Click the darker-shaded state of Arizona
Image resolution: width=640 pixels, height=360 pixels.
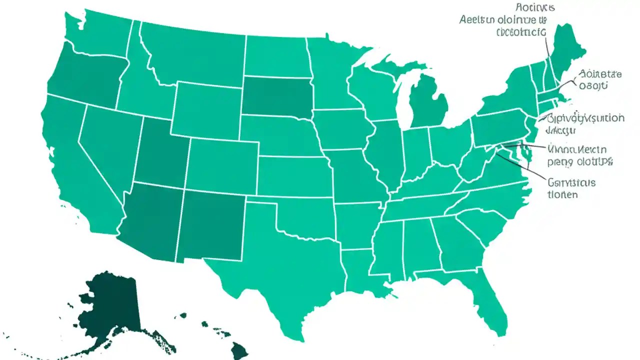point(150,220)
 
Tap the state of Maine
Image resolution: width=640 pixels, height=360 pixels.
point(567,47)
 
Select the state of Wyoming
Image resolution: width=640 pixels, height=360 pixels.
point(207,110)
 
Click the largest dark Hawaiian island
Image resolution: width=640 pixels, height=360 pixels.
point(239,350)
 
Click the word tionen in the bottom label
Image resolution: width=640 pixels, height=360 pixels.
point(562,194)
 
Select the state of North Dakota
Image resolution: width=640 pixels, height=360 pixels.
point(275,55)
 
